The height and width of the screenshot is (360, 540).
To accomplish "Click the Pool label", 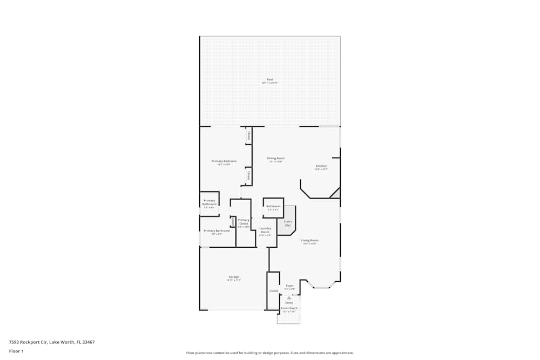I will pos(270,80).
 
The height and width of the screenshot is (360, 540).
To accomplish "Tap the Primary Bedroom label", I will pos(224,161).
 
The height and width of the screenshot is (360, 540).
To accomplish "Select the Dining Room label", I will pos(275,159).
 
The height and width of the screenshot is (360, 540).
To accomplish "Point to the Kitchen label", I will pos(321,166).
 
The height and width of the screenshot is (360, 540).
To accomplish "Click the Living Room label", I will pos(309,241).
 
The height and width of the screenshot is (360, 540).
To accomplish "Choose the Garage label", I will pos(233,277).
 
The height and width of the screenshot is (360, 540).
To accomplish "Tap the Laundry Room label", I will pos(265,230).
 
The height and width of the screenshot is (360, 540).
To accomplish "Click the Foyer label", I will pos(289,286).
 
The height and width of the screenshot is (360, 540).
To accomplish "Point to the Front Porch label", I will pos(289,308).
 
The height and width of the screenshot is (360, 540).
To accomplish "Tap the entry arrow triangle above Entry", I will pos(289,297).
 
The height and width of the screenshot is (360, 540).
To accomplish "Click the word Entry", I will pos(289,303).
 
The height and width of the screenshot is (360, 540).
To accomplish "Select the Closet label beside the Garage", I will pos(274,291).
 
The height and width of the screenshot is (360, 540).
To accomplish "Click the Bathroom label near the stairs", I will pos(273,206).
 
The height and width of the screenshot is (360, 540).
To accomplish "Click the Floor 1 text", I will pos(16,351).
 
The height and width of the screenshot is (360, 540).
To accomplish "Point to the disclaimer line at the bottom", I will pos(270,353).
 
